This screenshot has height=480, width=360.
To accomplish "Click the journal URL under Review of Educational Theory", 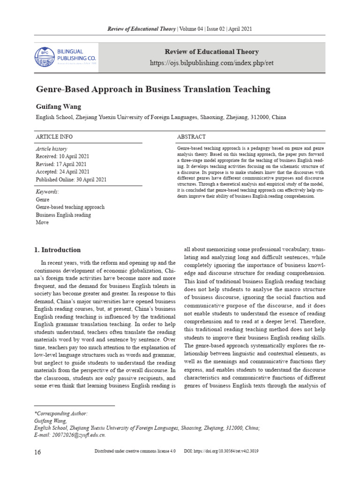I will [211, 63].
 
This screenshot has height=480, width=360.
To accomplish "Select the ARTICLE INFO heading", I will [54, 136].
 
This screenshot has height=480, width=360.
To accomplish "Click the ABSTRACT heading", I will [191, 136].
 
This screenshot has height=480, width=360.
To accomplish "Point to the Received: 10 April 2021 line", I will [62, 156].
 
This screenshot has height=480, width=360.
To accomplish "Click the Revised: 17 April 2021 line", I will [61, 164].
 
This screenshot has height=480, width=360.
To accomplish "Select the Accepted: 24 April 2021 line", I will [63, 172].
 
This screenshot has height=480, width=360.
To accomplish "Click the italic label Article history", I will [52, 148].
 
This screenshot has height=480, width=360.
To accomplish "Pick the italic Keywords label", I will [47, 192].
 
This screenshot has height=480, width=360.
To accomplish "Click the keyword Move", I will [42, 223].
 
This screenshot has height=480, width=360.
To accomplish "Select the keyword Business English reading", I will [63, 215].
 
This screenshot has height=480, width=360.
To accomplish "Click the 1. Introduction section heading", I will [58, 250].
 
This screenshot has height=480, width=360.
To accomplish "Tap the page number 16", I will [38, 451].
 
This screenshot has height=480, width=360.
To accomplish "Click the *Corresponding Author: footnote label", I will [61, 413].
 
